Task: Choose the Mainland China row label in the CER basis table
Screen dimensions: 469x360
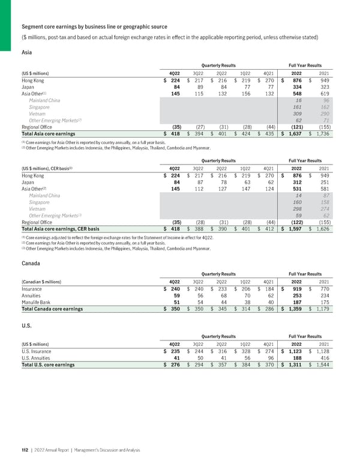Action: pos(44,196)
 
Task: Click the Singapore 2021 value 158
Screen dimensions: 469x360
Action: pos(323,202)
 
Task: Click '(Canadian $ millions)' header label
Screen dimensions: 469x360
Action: pos(46,282)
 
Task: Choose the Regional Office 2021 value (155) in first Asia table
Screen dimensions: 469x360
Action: pos(322,127)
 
